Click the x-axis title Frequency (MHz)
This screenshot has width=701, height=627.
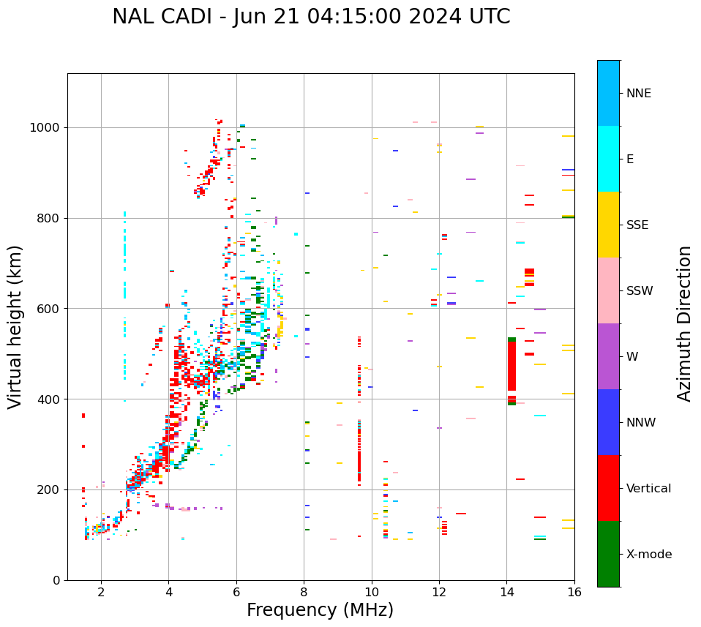320,610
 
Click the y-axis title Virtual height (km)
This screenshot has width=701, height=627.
15,326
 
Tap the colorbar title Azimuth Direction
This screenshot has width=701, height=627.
684,323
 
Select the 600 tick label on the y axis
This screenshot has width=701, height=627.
50,309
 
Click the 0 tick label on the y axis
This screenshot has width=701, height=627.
56,580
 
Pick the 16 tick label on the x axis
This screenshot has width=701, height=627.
574,592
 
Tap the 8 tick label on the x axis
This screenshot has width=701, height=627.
304,592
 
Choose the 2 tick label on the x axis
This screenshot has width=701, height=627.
101,592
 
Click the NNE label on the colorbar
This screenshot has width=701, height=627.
638,94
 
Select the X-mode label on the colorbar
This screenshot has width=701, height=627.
648,555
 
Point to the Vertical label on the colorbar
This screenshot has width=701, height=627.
648,489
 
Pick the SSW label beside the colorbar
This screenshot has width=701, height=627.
640,291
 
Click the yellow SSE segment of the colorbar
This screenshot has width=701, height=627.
608,225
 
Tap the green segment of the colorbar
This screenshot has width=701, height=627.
608,554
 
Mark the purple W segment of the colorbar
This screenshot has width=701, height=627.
608,356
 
